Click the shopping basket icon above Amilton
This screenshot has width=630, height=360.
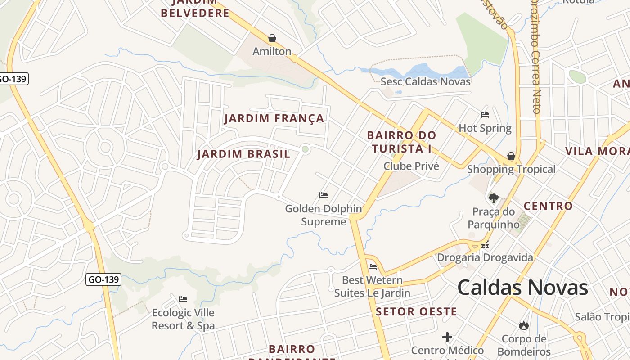272,38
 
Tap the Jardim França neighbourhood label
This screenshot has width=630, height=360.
274,118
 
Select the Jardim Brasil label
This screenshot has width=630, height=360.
243,154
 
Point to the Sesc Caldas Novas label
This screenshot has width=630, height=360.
425,81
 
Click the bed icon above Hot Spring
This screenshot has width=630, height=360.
485,115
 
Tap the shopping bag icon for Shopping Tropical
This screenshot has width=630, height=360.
511,156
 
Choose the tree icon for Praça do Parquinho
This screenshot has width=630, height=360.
493,198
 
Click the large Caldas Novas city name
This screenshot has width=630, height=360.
522,288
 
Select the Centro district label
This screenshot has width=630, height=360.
548,207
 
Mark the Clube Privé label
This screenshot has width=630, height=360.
411,166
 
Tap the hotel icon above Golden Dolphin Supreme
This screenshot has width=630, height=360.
323,195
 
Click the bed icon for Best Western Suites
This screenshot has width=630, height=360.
372,266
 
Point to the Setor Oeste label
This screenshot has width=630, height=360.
416,311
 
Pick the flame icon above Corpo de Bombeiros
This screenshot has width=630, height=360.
523,325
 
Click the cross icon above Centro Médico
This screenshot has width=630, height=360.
447,337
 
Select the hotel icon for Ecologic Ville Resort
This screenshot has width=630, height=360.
183,299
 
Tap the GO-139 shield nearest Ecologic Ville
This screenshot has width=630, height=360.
103,279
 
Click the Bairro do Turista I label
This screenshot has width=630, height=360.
401,142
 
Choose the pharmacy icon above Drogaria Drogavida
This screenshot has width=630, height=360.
485,245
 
